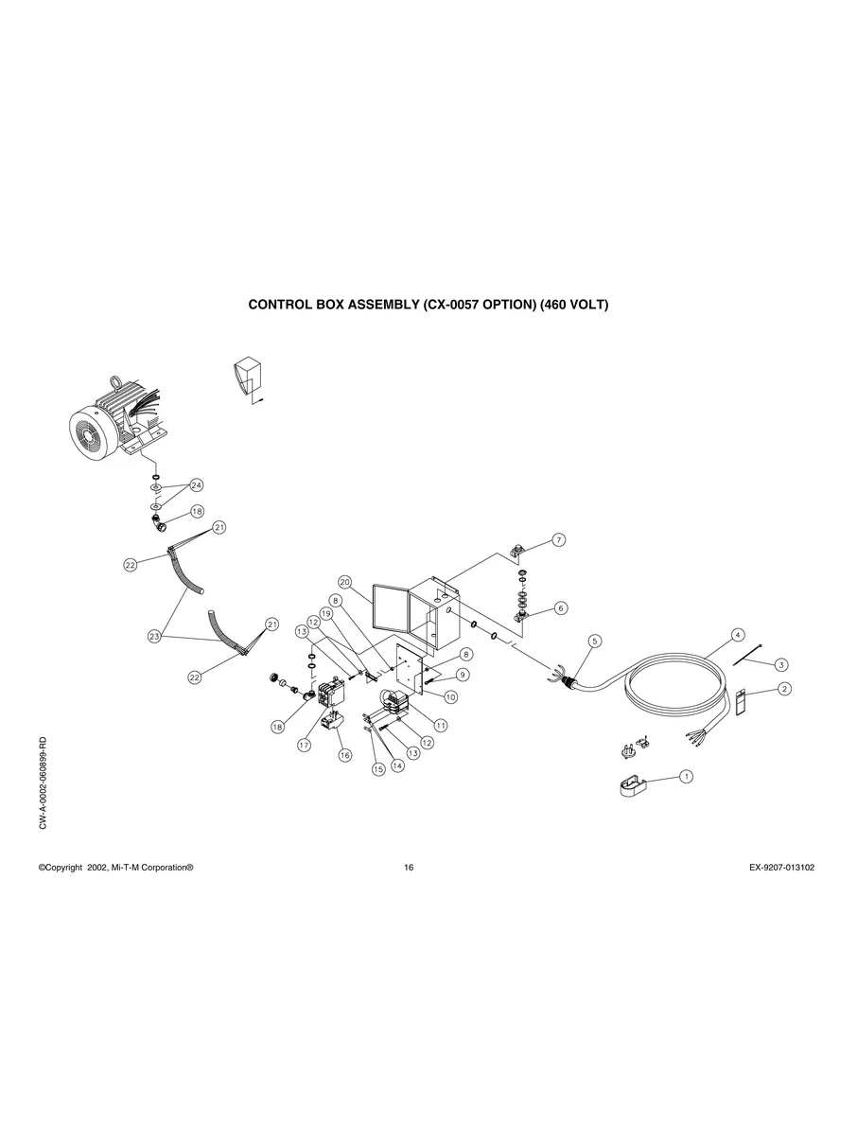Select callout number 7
click(x=559, y=539)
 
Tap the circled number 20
click(x=344, y=581)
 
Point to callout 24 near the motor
click(x=197, y=485)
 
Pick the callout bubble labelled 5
click(x=595, y=641)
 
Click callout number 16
click(x=344, y=755)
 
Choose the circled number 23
click(x=154, y=637)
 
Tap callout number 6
click(x=561, y=607)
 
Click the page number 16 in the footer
click(x=409, y=868)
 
